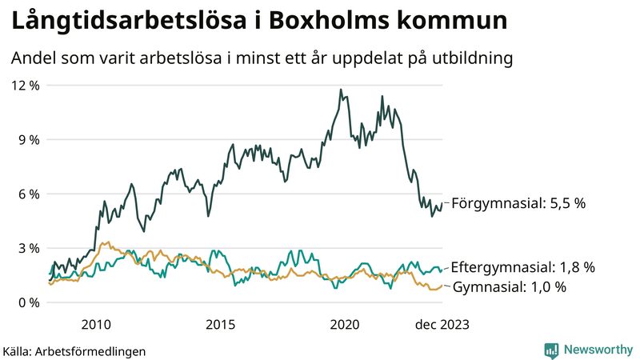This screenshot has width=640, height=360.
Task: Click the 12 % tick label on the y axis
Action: pos(24,86)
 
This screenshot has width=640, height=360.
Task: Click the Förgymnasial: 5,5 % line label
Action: pos(518,203)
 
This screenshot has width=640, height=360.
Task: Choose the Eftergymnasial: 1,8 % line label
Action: pos(523,267)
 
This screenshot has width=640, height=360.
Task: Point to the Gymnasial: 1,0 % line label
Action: pos(510,286)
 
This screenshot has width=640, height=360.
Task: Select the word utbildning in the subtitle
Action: pos(470,58)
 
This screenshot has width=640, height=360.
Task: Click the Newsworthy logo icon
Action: pos(551,350)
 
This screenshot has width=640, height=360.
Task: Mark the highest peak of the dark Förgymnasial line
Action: pos(341,90)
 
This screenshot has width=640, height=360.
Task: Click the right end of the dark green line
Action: pos(442,203)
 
